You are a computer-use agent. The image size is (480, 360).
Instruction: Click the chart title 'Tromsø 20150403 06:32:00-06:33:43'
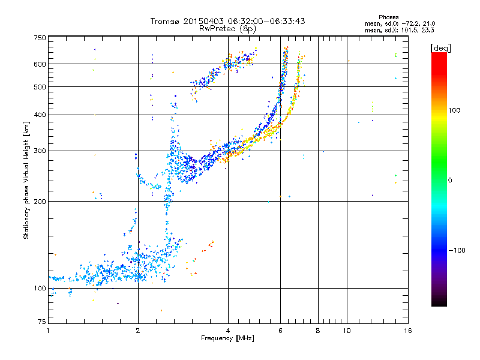(x=228, y=21)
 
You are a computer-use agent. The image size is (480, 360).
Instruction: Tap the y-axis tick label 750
(x=39, y=37)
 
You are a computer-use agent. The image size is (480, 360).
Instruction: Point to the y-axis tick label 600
(x=39, y=64)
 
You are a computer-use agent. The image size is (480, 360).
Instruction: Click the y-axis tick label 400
(x=39, y=115)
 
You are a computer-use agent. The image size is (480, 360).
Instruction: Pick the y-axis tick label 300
(x=39, y=151)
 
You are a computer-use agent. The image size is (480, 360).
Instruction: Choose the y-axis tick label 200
(x=39, y=201)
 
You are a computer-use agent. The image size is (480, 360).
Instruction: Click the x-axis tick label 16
(x=408, y=331)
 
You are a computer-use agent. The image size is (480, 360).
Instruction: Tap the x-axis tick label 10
(x=346, y=331)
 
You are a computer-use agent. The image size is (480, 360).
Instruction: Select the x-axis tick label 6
(x=280, y=331)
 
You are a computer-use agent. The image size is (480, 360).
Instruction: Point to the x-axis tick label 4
(x=228, y=331)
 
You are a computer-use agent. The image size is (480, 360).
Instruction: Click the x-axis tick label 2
(x=138, y=331)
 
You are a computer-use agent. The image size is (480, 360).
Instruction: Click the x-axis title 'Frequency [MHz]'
(x=228, y=338)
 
